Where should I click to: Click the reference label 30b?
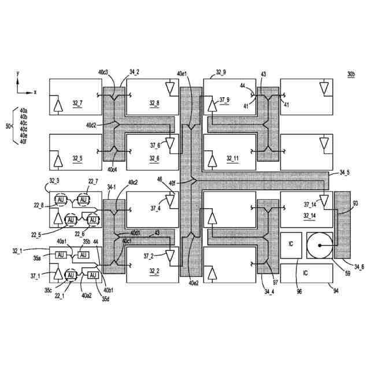[x=351, y=74]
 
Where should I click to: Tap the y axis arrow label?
[x=18, y=73]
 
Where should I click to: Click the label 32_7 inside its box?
[x=77, y=103]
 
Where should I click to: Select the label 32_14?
[x=310, y=216]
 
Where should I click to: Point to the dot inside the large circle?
[x=320, y=245]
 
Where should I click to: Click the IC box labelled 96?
[x=291, y=245]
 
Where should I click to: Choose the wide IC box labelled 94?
[x=306, y=273]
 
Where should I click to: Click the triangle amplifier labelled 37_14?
[x=324, y=201]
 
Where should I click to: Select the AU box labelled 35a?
[x=61, y=255]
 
